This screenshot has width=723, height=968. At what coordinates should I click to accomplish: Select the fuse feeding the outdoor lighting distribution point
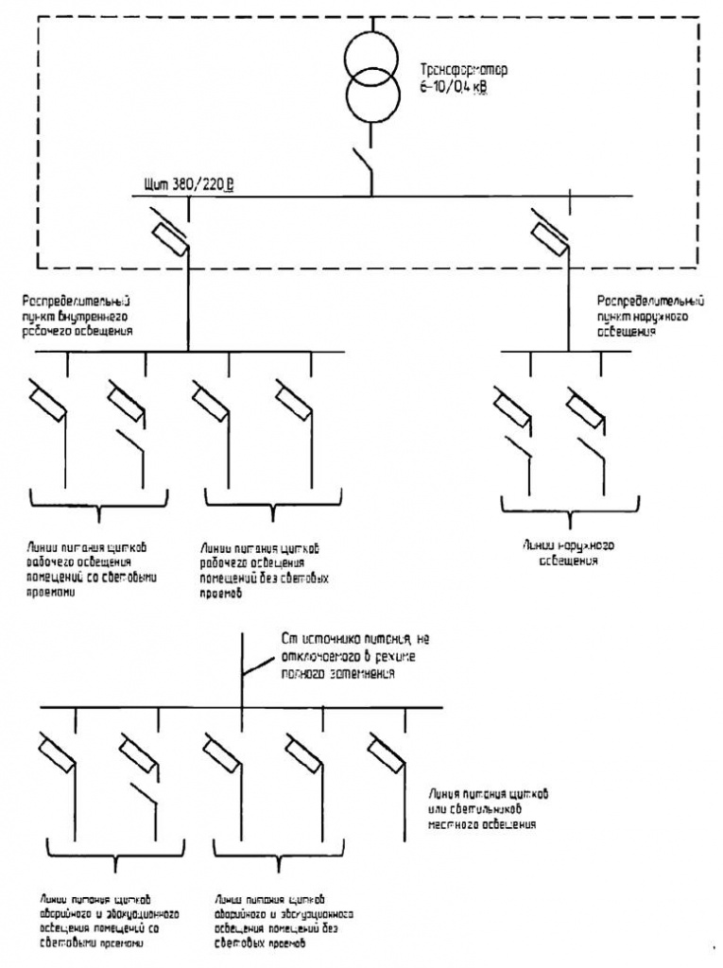point(549,232)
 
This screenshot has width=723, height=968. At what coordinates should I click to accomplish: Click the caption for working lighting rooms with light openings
point(91,570)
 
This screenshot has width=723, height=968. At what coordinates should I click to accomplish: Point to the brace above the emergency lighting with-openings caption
point(113,863)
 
